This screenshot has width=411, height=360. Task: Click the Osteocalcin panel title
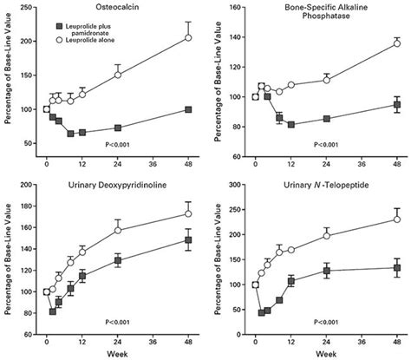pyautogui.click(x=113, y=8)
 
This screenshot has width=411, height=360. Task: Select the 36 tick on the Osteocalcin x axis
pyautogui.click(x=153, y=165)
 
